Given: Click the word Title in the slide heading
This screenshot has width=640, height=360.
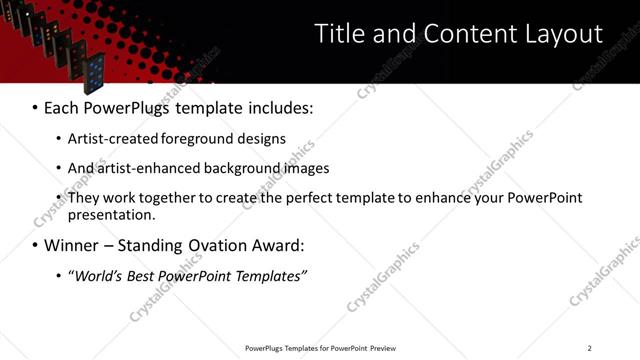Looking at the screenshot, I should (338, 34).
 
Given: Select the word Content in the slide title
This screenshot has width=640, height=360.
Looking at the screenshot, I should (467, 34).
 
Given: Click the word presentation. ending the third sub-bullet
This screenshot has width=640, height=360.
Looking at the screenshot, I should (111, 214).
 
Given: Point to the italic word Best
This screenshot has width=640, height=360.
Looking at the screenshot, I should (146, 275).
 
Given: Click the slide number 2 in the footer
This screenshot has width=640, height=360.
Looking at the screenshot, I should (589, 348).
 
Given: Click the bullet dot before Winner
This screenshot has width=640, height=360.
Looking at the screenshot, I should (36, 246).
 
